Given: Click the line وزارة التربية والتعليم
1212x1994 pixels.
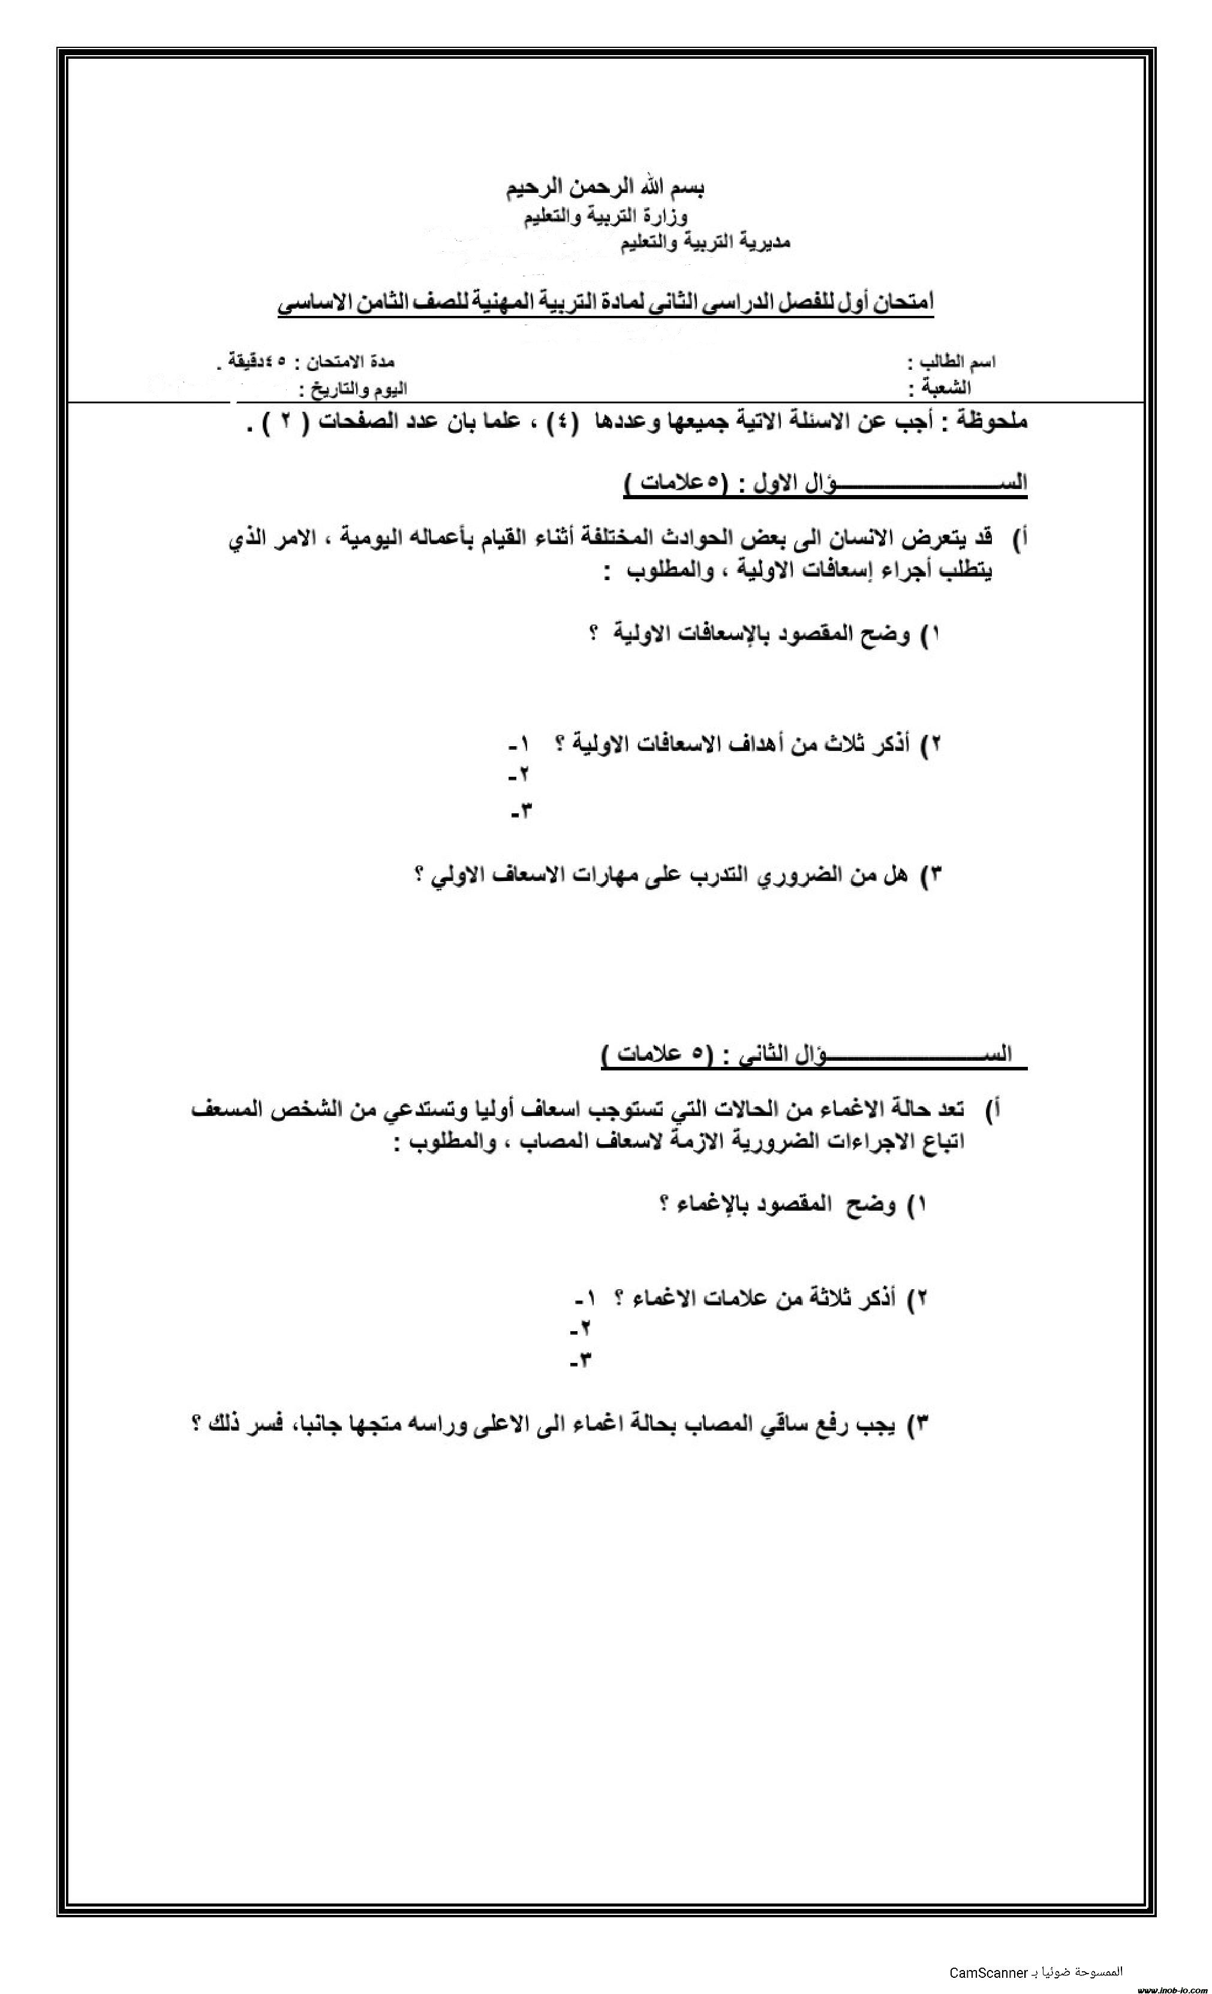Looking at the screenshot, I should coord(606,216).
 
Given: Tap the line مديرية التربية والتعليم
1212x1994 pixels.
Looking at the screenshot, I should coord(705,241).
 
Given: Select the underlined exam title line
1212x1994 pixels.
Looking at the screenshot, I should coord(606,303).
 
